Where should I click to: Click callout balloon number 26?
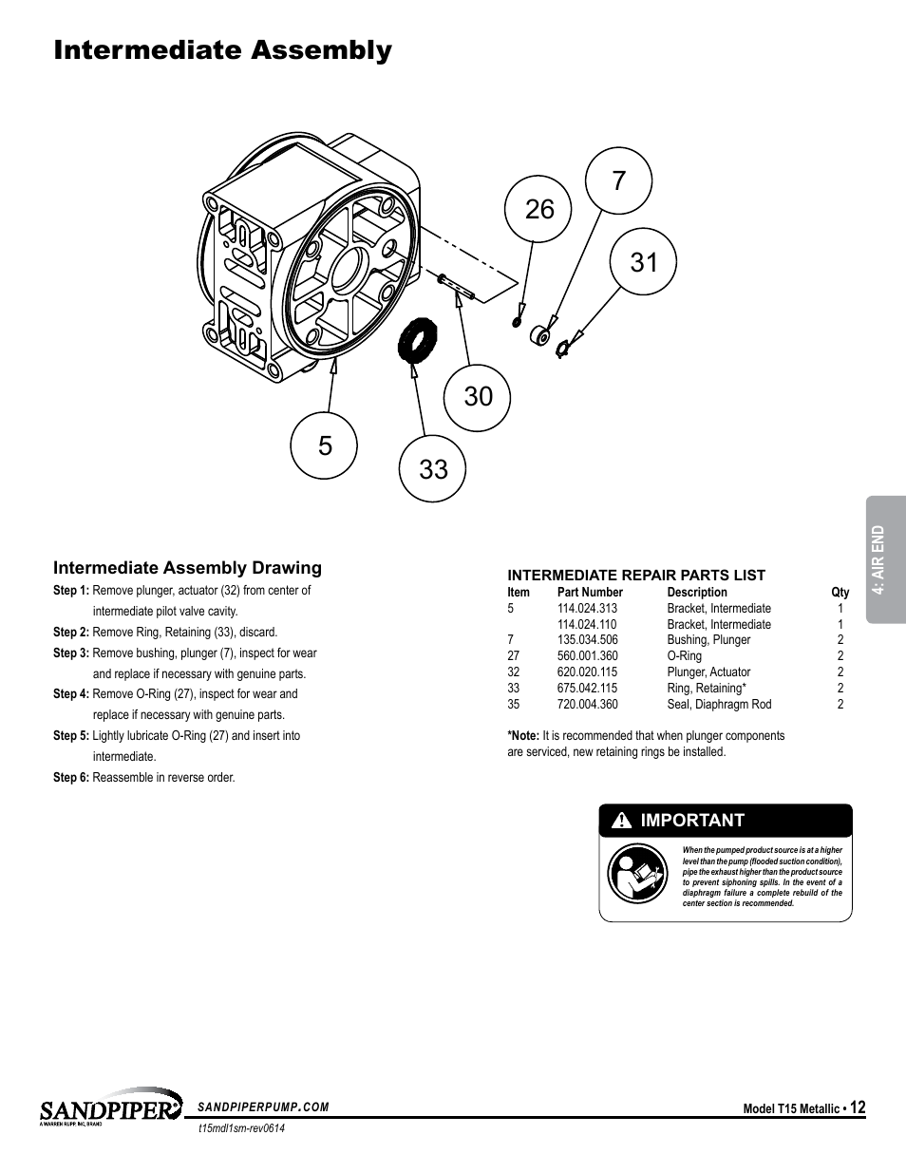(538, 209)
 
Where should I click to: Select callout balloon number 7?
(619, 180)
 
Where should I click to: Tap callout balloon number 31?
(643, 261)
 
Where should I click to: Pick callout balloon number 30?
(478, 395)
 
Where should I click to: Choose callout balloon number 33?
(433, 468)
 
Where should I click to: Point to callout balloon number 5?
(326, 445)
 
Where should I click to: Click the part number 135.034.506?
(587, 640)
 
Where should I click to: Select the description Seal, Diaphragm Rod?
(719, 705)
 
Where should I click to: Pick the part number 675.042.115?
(587, 689)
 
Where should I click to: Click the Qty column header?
(840, 592)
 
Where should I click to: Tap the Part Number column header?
(590, 592)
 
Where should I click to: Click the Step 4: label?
(71, 694)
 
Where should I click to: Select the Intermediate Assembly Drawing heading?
(187, 568)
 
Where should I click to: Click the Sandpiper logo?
(110, 1108)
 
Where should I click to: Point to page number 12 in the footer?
(858, 1107)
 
